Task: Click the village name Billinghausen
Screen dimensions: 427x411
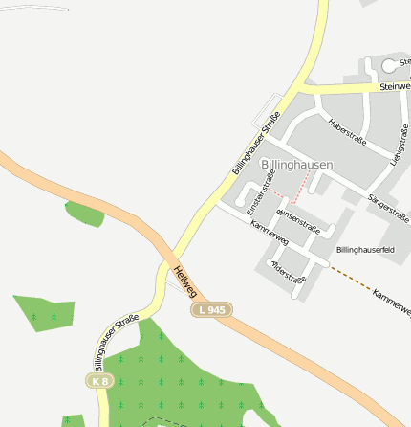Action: point(296,165)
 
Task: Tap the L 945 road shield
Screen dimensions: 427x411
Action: point(212,310)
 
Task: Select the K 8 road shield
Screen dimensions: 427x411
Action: point(99,381)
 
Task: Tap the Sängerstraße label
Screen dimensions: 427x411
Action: point(388,205)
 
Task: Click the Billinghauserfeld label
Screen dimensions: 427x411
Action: point(365,249)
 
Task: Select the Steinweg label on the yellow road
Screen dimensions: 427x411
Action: point(394,86)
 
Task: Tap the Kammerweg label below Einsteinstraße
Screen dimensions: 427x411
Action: point(269,232)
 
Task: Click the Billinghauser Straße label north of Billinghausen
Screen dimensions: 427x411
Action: point(256,144)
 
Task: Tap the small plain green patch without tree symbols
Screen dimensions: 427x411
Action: point(84,213)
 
